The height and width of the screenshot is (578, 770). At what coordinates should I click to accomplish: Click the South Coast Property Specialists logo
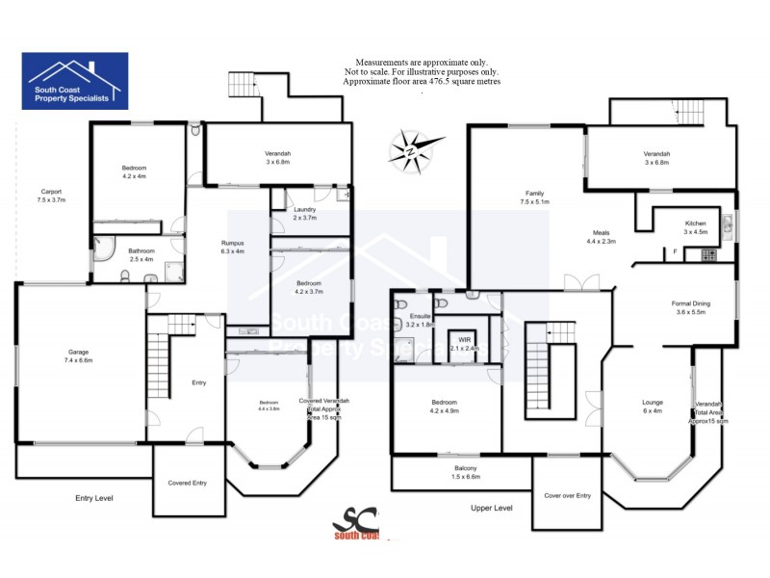(75, 78)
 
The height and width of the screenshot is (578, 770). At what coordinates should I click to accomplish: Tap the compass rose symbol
(416, 149)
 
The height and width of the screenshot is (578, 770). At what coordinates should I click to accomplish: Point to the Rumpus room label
(233, 248)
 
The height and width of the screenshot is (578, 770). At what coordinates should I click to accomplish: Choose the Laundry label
(305, 214)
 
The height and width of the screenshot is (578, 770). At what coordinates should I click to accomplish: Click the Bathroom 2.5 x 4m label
(141, 255)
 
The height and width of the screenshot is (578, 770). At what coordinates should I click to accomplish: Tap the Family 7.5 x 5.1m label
(535, 197)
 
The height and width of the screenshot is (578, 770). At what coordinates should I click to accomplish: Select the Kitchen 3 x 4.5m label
(695, 227)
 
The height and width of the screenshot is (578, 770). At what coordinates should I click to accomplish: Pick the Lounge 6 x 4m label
(653, 407)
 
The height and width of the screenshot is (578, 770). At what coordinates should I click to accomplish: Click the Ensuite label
(420, 321)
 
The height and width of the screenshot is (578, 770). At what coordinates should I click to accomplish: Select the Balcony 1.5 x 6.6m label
(466, 472)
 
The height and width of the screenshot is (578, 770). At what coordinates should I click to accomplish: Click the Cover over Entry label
(568, 495)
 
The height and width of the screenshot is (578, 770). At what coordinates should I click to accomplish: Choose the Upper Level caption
(491, 507)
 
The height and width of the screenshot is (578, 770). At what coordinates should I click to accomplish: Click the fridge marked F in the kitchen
(676, 252)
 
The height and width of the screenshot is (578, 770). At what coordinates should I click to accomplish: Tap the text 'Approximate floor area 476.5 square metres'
(422, 82)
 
